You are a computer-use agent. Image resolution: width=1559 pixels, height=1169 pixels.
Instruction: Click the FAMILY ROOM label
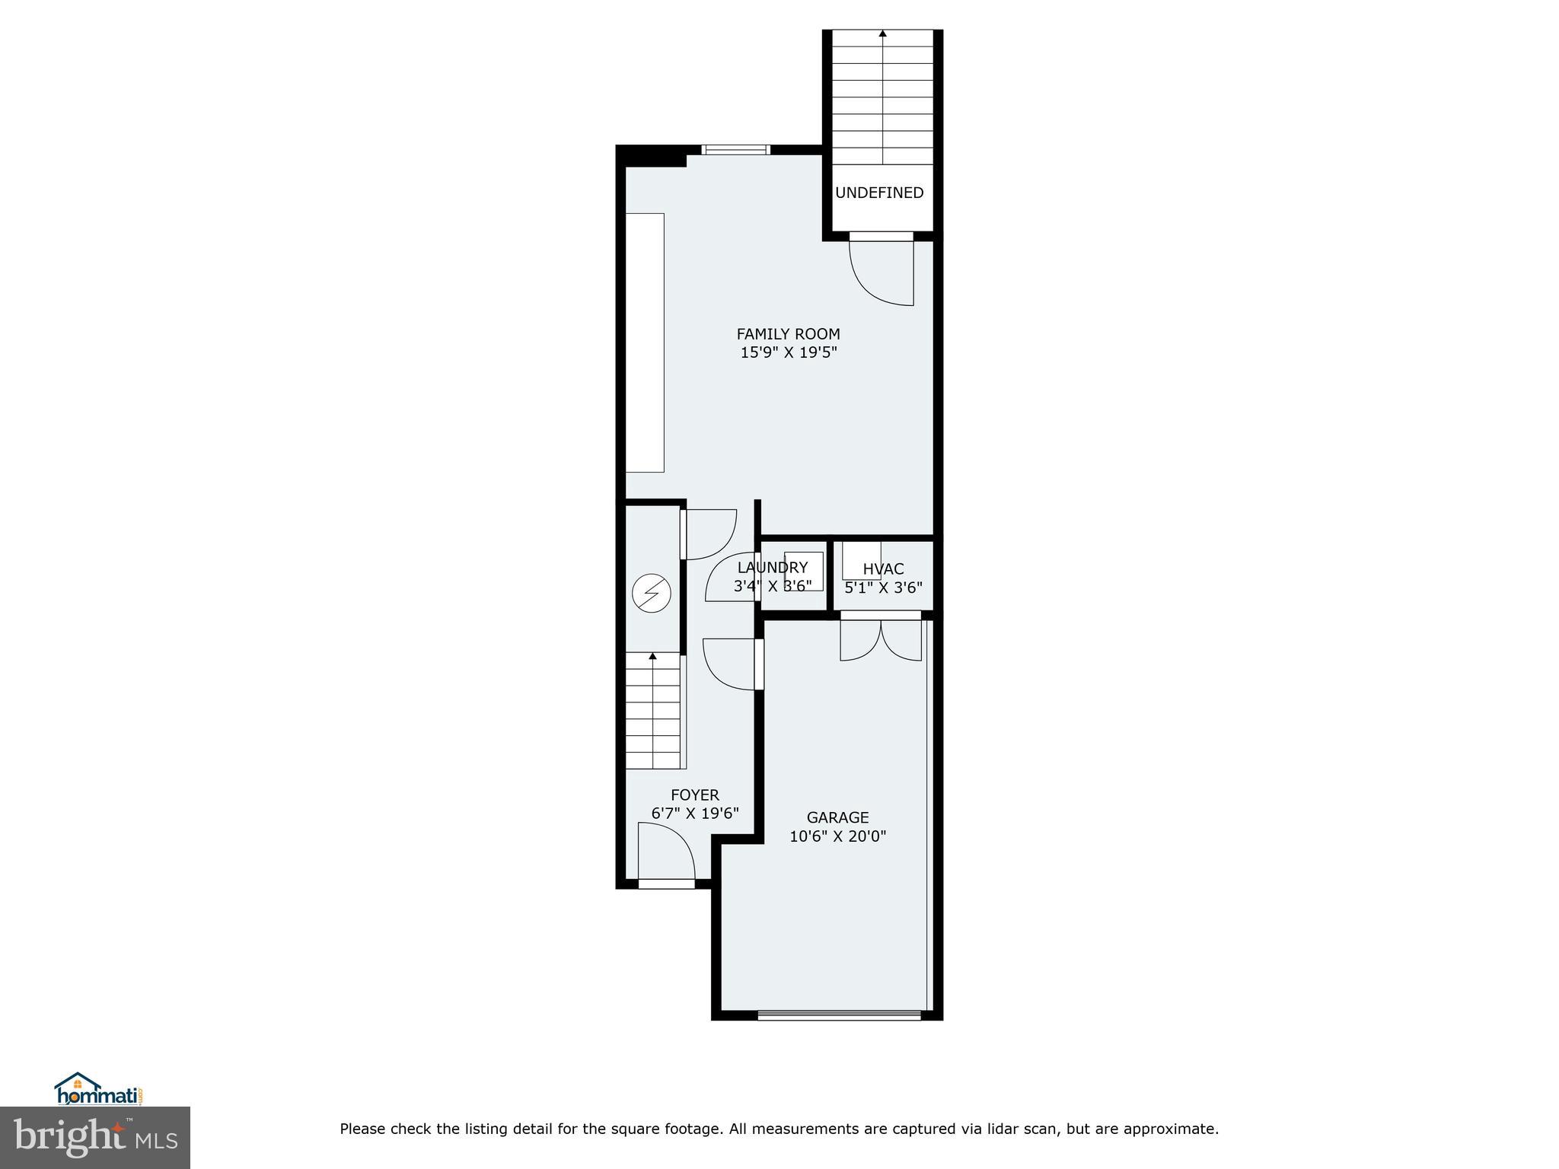pyautogui.click(x=788, y=333)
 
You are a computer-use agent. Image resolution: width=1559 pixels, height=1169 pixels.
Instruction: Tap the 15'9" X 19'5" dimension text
pyautogui.click(x=788, y=352)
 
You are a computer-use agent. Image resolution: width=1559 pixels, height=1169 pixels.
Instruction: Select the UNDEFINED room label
pyautogui.click(x=879, y=193)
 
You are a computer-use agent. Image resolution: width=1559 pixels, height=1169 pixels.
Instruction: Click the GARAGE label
pyautogui.click(x=837, y=817)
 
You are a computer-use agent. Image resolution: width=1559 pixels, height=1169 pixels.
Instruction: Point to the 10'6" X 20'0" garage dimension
pyautogui.click(x=837, y=836)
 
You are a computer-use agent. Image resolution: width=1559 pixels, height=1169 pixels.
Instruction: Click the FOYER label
pyautogui.click(x=694, y=795)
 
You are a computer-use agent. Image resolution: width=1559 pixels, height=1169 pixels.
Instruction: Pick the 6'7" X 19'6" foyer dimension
pyautogui.click(x=694, y=814)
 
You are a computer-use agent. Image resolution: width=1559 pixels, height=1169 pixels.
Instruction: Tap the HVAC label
pyautogui.click(x=883, y=569)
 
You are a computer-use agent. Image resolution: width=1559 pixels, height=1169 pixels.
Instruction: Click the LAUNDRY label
pyautogui.click(x=772, y=567)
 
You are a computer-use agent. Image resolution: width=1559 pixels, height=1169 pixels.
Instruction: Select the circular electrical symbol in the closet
pyautogui.click(x=652, y=594)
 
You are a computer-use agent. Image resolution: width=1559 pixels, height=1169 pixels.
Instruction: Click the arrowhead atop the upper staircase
pyautogui.click(x=882, y=33)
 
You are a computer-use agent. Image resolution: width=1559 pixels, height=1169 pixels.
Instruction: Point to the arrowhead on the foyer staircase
pyautogui.click(x=652, y=655)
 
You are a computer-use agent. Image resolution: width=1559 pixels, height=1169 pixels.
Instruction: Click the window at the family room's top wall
pyautogui.click(x=735, y=149)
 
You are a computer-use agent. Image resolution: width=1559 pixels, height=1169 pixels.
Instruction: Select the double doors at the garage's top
pyautogui.click(x=881, y=639)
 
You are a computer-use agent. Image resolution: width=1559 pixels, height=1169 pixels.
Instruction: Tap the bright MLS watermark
pyautogui.click(x=94, y=1137)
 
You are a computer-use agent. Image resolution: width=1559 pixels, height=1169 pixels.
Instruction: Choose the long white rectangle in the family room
pyautogui.click(x=645, y=342)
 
